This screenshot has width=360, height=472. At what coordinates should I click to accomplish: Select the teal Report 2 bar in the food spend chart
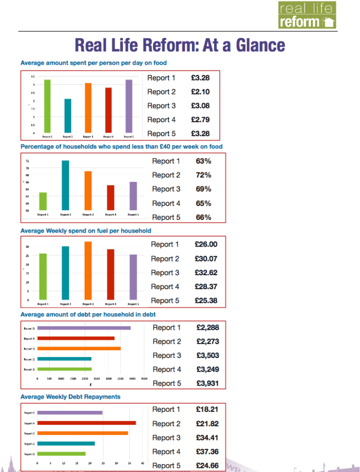(x=68, y=116)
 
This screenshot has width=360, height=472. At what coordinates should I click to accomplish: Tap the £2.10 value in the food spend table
(x=201, y=92)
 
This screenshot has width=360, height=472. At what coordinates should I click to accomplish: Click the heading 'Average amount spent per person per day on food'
(x=93, y=63)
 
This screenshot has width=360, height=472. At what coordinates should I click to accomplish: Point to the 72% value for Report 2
(x=203, y=175)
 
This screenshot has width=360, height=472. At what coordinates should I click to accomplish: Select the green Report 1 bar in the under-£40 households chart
(x=43, y=201)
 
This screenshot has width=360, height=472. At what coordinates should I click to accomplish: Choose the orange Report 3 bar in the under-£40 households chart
(x=88, y=191)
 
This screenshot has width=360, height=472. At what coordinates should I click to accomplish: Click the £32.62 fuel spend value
(x=206, y=273)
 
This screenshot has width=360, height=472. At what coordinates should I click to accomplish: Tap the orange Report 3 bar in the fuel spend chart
(x=88, y=270)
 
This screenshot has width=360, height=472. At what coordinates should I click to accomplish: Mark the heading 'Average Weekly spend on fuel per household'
(x=86, y=231)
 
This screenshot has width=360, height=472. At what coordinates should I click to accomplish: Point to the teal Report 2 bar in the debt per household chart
(x=65, y=359)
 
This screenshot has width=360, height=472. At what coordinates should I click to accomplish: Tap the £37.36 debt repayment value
(x=207, y=452)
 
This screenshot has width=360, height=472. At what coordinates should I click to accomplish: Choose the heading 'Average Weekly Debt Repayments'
(x=70, y=397)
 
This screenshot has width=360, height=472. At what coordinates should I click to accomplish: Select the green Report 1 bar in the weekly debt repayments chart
(x=62, y=454)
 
